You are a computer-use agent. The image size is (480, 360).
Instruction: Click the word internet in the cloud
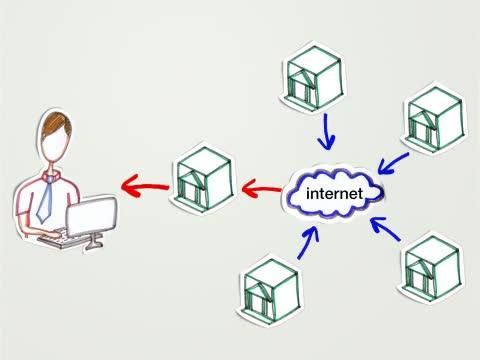(x=334, y=194)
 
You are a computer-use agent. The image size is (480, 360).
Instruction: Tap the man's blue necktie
(x=45, y=200)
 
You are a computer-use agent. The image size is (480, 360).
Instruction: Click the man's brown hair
(x=56, y=124)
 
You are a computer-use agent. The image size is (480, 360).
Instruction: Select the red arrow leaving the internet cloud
(x=262, y=189)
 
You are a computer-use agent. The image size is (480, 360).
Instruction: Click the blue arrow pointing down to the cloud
(x=326, y=132)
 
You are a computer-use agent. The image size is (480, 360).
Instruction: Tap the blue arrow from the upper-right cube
(x=393, y=163)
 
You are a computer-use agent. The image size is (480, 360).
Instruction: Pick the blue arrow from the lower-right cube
(x=385, y=228)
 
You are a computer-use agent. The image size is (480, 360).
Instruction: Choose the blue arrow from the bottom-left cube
(x=308, y=243)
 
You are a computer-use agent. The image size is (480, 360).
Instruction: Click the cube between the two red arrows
(x=204, y=179)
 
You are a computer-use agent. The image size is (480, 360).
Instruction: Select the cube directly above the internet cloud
(x=314, y=78)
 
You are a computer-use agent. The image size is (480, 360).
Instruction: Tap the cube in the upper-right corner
(x=436, y=118)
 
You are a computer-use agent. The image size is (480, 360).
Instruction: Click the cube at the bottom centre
(x=271, y=291)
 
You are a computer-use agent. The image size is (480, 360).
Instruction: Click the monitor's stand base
(x=94, y=246)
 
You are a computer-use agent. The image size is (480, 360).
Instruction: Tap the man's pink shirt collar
(x=52, y=175)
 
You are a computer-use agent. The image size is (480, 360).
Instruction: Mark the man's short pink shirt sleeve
(x=24, y=201)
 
